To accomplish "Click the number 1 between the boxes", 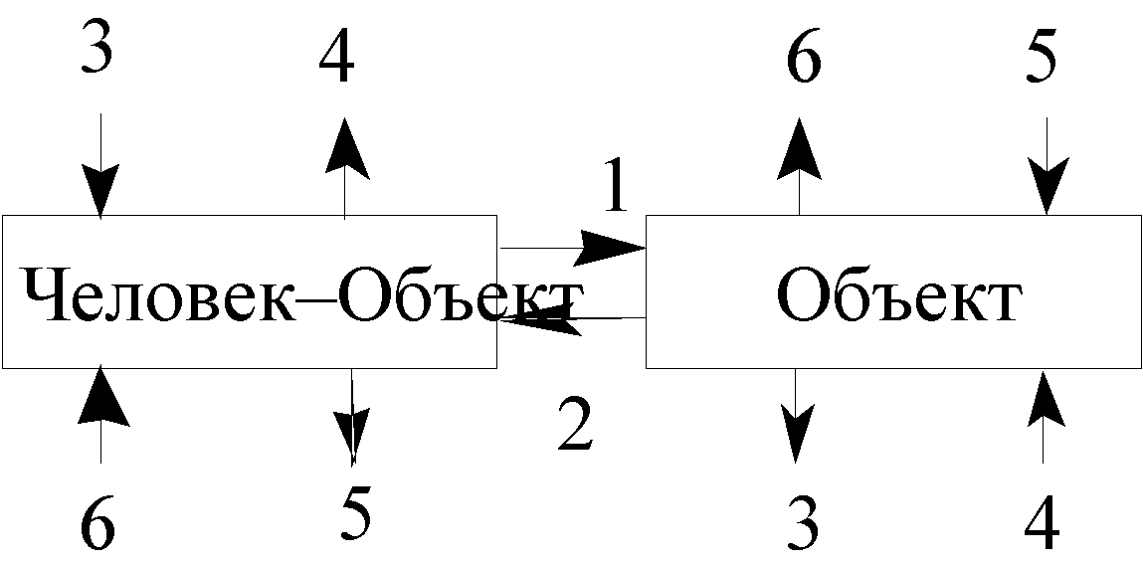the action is (x=616, y=184).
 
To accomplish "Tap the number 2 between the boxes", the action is (x=576, y=423).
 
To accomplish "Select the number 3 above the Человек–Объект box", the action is (x=96, y=45).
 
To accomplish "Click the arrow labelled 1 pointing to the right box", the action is (x=573, y=248).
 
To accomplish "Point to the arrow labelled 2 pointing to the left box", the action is (x=573, y=318).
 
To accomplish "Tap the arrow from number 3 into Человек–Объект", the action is (x=99, y=165).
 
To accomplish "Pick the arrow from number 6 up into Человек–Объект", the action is (x=100, y=415).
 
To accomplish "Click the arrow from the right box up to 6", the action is (x=799, y=165).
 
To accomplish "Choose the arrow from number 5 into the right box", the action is (x=1048, y=166).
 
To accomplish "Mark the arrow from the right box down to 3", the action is (x=795, y=416).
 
